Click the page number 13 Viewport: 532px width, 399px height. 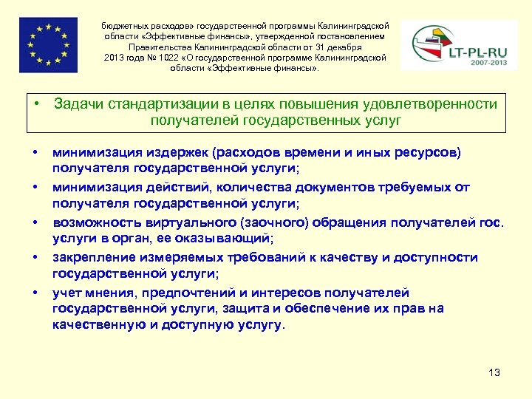[x=494, y=372]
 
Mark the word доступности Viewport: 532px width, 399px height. [x=436, y=258]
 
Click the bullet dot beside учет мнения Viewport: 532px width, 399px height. [x=35, y=293]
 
